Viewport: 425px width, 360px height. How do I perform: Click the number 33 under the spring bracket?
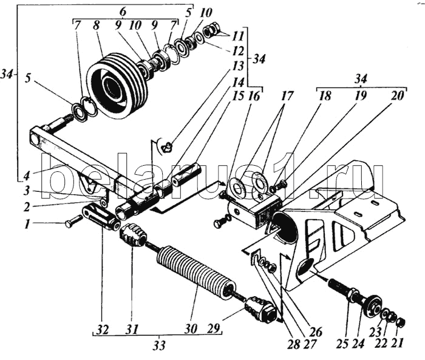pos(159,348)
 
